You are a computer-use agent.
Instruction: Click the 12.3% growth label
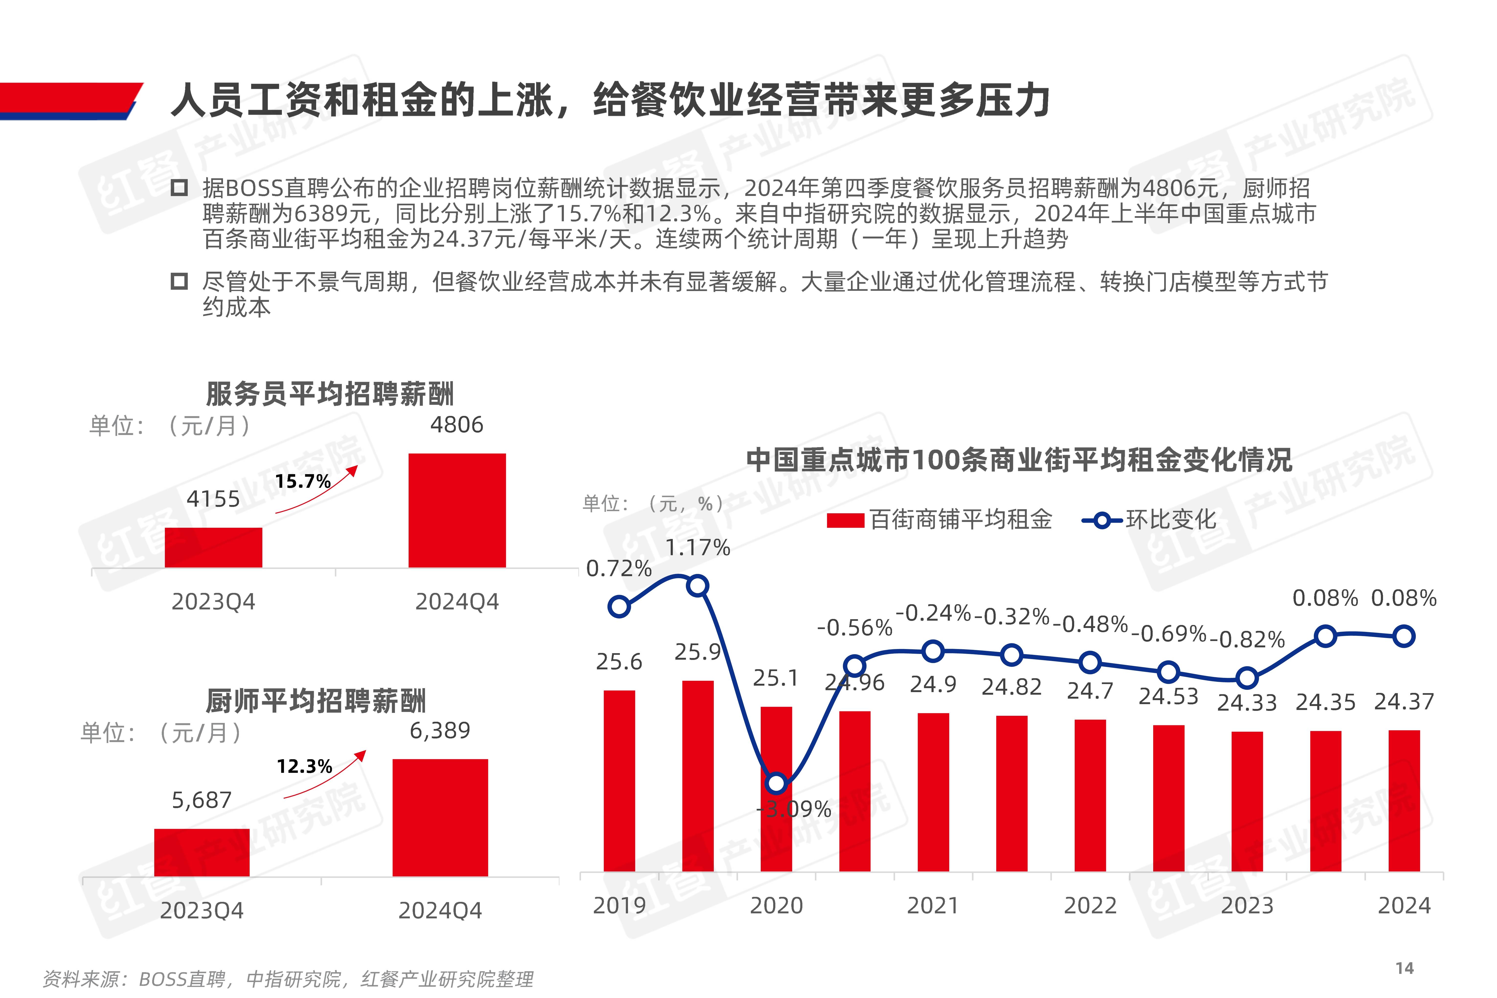click(x=304, y=766)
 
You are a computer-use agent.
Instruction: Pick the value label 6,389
click(x=440, y=731)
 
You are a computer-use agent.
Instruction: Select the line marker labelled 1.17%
click(x=698, y=585)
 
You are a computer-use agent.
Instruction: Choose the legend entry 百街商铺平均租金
click(x=939, y=520)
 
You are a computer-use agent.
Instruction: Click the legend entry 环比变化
click(x=1150, y=520)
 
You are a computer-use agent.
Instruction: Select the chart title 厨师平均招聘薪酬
click(x=316, y=701)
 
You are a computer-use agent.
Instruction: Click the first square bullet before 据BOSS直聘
click(x=179, y=188)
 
